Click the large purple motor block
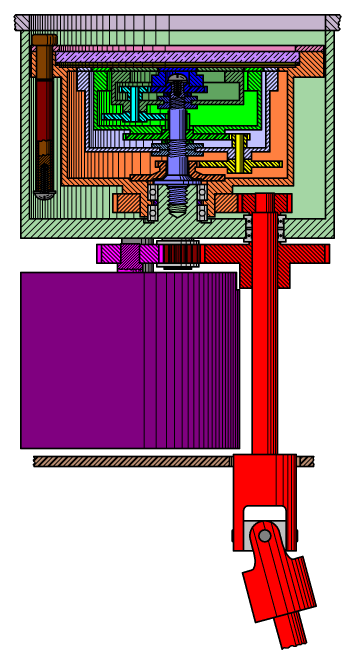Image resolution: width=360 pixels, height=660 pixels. point(100,360)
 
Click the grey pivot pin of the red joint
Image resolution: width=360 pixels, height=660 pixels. point(265,536)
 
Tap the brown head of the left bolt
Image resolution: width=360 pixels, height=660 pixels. point(43,41)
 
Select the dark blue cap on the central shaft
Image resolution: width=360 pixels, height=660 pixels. point(177,79)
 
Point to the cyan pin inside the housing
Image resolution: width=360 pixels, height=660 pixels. point(133,101)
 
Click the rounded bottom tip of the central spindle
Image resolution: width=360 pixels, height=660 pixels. point(177,209)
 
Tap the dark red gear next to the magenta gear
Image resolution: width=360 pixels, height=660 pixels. point(180,254)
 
